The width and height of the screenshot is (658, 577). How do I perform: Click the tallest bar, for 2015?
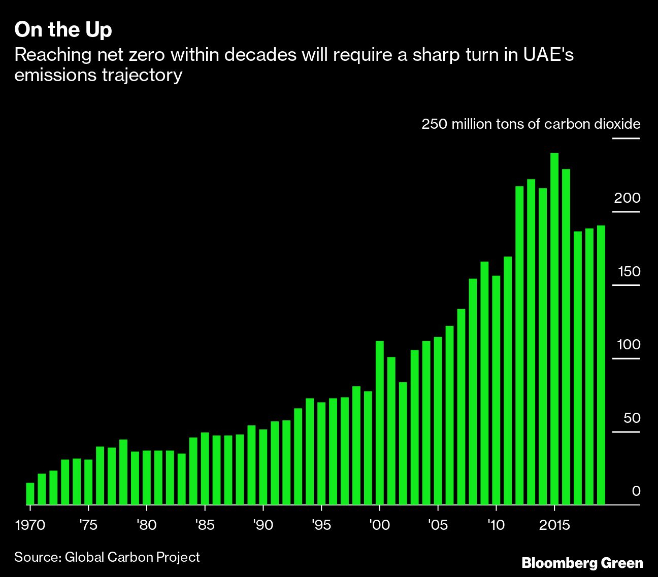click(x=554, y=330)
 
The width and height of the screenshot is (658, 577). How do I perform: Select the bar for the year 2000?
click(x=379, y=423)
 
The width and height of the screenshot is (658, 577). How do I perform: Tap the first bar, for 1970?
click(x=30, y=494)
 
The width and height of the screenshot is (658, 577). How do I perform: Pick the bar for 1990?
click(x=263, y=467)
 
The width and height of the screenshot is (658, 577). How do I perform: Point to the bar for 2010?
click(x=496, y=390)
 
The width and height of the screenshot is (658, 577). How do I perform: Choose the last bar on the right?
click(x=601, y=365)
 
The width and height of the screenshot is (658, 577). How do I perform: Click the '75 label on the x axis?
click(x=88, y=525)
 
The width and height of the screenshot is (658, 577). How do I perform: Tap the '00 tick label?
click(x=379, y=525)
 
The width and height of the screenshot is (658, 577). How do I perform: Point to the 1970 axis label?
click(x=30, y=525)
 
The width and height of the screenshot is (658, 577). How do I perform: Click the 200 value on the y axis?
click(x=627, y=198)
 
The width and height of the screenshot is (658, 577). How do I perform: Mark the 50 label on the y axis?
click(x=632, y=418)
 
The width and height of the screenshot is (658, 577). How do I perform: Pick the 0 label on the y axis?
click(x=636, y=491)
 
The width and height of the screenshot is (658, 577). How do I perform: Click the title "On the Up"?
click(x=63, y=30)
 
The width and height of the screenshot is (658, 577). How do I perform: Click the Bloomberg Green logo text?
click(x=582, y=563)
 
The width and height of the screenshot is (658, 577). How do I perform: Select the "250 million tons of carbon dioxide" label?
click(x=531, y=124)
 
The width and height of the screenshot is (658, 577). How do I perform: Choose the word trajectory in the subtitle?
click(x=143, y=76)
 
